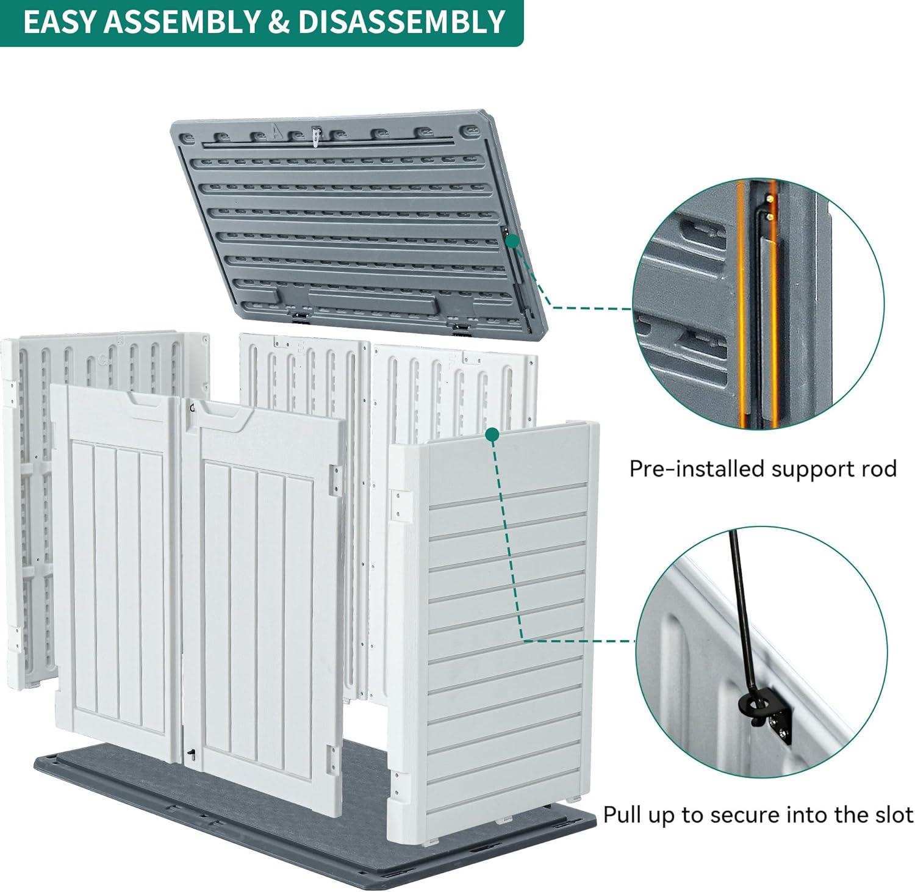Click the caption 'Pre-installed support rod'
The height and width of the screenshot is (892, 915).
tap(762, 469)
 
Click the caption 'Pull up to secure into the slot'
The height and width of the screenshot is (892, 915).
tap(758, 815)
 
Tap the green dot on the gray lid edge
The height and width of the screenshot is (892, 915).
tap(513, 242)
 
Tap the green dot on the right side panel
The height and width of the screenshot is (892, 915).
tap(492, 434)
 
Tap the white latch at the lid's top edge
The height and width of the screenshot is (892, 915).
tap(315, 137)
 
